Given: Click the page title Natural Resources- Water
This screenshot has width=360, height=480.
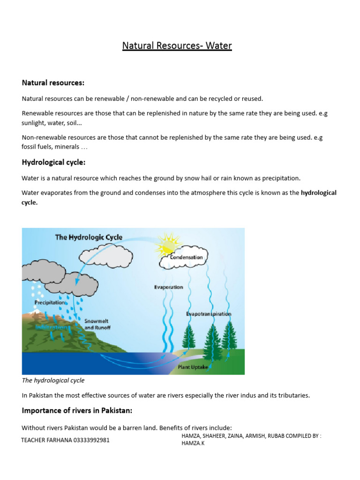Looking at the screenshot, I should coord(177,46).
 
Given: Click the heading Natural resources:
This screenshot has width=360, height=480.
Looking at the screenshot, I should coord(53,83).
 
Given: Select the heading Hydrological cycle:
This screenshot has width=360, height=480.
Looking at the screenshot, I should coord(53,163).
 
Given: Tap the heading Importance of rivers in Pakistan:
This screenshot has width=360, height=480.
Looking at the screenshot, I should coord(77,411).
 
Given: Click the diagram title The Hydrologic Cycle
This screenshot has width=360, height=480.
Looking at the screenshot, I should coord(89,237).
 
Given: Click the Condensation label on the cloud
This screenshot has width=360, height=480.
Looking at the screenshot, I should coord(186,257).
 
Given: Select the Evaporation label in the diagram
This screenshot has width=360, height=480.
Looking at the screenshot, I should coord(168,287).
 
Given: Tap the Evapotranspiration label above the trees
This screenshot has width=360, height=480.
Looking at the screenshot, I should coord(209,314).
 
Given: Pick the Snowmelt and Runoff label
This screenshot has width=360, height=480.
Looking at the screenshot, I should coord(97,324).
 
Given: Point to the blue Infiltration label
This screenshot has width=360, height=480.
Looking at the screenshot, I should coord(51,327).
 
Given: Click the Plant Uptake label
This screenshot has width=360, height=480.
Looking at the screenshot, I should coord(193,367).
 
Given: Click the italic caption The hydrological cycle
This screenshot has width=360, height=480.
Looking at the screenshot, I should coord(53,380).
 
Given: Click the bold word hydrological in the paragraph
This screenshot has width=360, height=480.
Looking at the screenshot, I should coord(318,193).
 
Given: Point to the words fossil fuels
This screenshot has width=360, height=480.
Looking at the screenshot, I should coord(37,147).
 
